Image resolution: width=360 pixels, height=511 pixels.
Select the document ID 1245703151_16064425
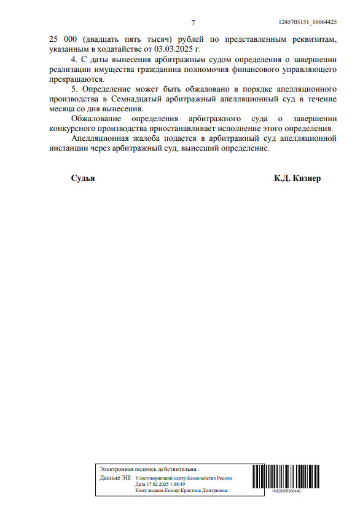click(307, 22)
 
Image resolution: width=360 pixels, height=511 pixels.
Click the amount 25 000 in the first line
click(61, 38)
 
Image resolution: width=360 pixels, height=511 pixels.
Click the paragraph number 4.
click(74, 59)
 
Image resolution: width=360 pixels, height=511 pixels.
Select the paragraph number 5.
click(74, 89)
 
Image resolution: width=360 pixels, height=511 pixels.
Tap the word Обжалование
click(96, 119)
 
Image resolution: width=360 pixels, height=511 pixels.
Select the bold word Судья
click(83, 178)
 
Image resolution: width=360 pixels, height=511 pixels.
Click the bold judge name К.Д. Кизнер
click(297, 178)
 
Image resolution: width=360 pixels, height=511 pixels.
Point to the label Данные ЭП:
click(115, 478)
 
